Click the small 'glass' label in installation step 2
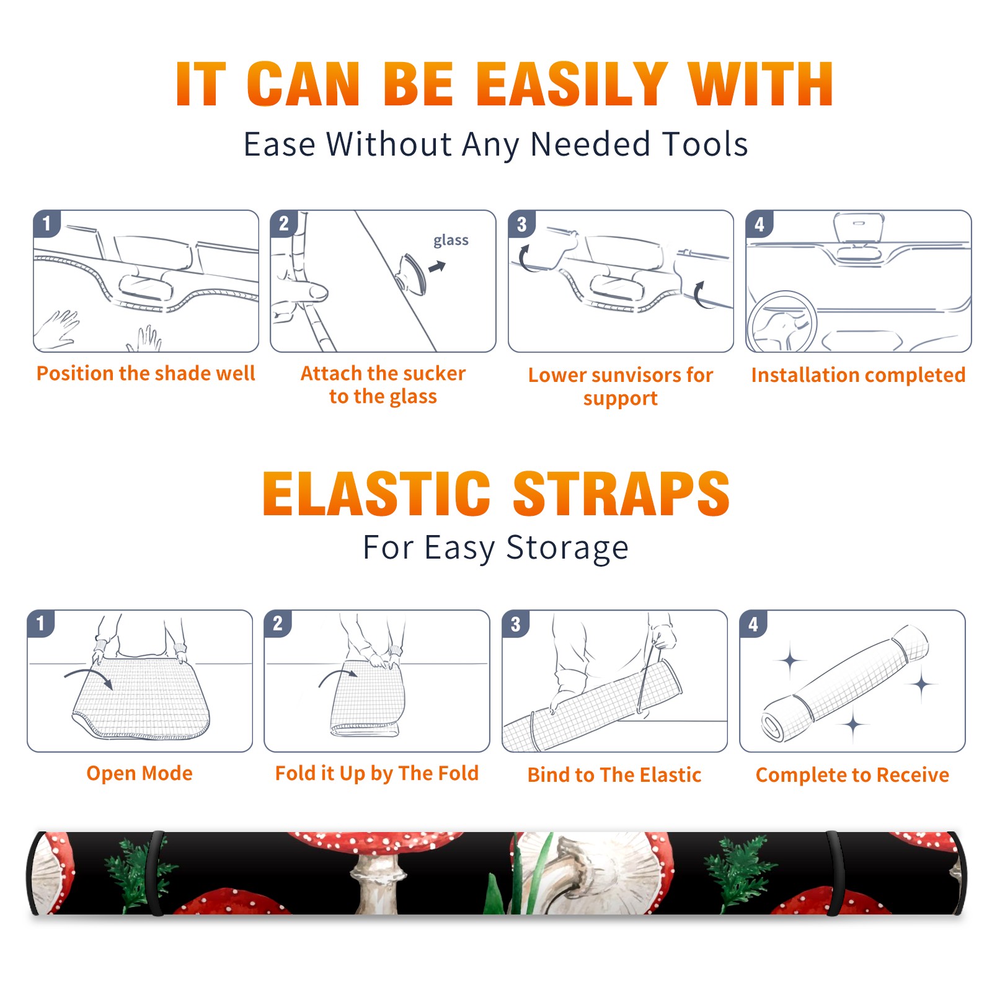pos(451,240)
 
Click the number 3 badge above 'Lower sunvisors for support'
pos(521,224)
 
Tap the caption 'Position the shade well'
pos(146,373)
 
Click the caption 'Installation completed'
pos(858,374)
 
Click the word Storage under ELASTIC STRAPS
pos(567,548)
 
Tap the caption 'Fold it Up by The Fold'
pos(377,773)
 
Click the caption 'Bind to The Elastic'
pos(614,775)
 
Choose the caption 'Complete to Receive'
pos(852,775)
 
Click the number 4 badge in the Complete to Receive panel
pos(753,624)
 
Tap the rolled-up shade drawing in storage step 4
pos(844,683)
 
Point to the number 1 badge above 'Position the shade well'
pos(46,224)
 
